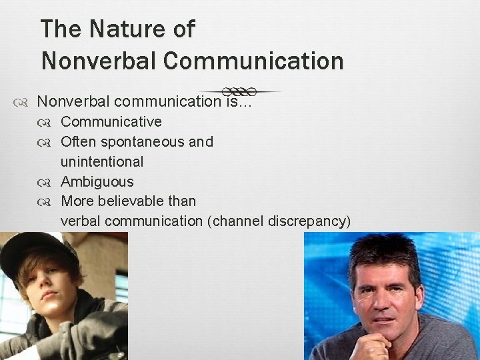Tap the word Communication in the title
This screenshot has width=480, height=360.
[253, 61]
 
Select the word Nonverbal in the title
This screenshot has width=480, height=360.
[99, 61]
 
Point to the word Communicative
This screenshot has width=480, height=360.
[111, 122]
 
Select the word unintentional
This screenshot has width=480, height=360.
[102, 161]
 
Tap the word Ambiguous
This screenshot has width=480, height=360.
[97, 181]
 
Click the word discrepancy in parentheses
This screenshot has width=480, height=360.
[309, 221]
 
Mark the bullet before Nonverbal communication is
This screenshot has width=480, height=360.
[21, 102]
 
